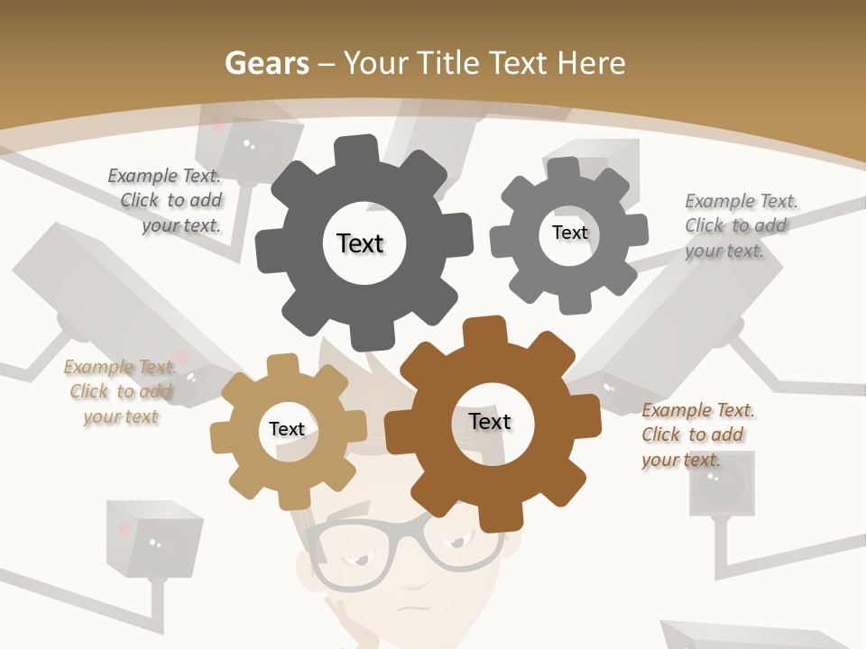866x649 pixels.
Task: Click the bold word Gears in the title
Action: point(266,63)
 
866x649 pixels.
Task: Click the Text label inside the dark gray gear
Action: point(360,243)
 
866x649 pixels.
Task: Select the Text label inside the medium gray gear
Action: point(569,233)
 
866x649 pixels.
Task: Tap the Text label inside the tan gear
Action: point(287,429)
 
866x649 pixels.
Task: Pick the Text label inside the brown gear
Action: point(490,421)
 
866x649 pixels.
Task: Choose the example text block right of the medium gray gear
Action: point(740,225)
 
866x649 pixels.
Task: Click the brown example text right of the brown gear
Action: point(696,434)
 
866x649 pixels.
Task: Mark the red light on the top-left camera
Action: point(218,127)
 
